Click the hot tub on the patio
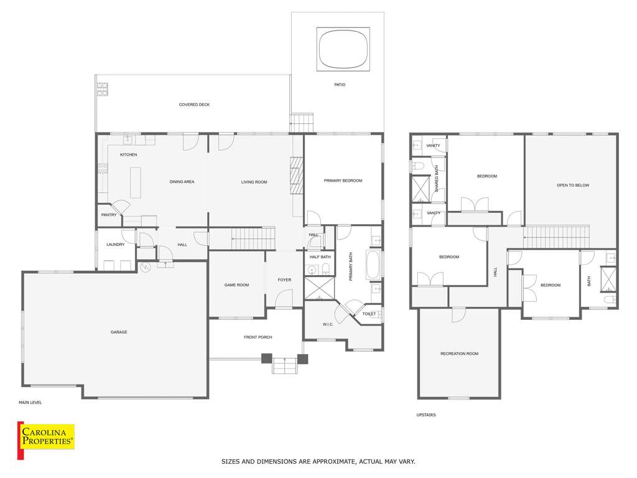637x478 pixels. click(x=343, y=49)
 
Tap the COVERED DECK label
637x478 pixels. click(x=194, y=105)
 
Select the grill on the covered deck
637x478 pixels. click(x=103, y=90)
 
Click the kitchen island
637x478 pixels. click(x=135, y=182)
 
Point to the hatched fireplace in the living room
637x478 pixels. click(x=297, y=176)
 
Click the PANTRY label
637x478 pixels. click(x=109, y=215)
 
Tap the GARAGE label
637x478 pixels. click(x=119, y=332)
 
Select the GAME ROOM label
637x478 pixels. click(x=236, y=285)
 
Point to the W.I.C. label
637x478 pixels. click(x=328, y=324)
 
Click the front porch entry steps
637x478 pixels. click(x=285, y=365)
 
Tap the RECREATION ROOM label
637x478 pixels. click(x=460, y=354)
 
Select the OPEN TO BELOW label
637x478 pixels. click(x=573, y=185)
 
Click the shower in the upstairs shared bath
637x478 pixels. click(x=421, y=189)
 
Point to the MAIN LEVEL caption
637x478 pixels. click(x=30, y=403)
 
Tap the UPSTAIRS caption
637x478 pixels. click(x=425, y=415)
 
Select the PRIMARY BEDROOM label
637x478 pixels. click(x=343, y=180)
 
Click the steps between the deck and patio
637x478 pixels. click(x=302, y=123)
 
